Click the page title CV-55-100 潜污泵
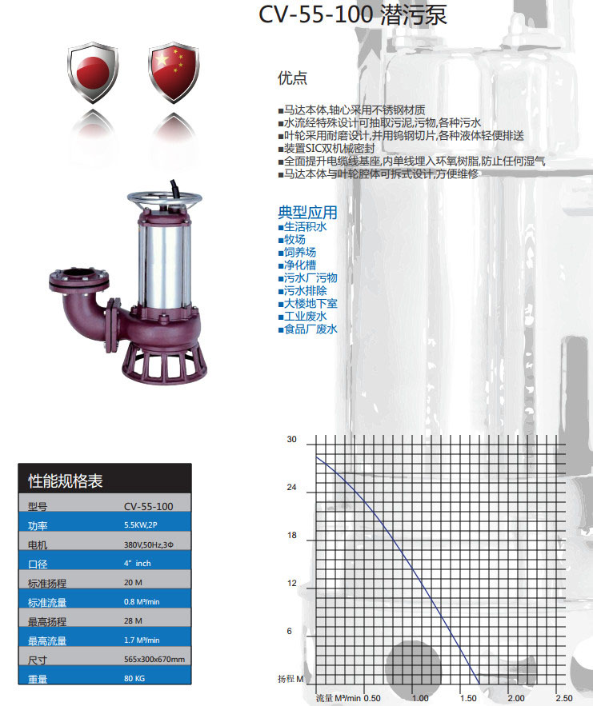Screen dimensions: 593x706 (352, 14)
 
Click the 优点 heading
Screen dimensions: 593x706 (292, 78)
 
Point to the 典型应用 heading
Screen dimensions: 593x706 (307, 212)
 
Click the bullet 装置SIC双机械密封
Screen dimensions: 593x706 (327, 148)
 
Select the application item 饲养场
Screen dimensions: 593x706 (298, 252)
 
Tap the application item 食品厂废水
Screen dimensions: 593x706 (308, 329)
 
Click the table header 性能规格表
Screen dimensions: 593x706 (66, 481)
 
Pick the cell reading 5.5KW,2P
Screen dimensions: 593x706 (141, 525)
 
